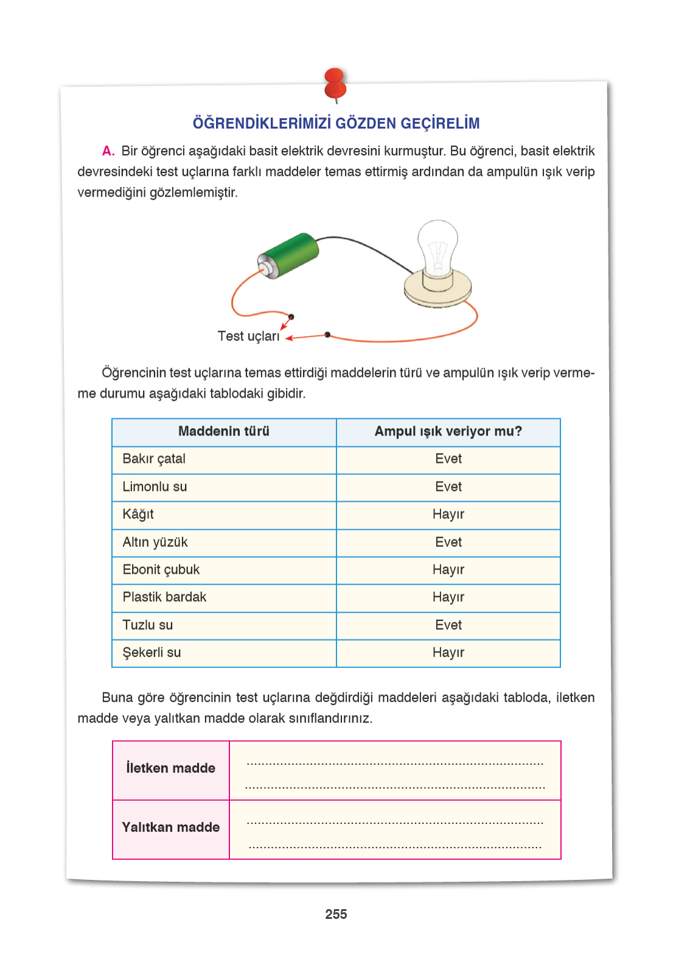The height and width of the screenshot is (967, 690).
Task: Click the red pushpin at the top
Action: point(335,84)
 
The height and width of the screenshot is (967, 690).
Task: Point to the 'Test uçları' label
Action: point(248,336)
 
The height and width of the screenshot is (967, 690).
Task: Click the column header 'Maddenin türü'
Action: point(223,432)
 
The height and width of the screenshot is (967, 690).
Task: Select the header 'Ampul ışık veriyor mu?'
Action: point(448,432)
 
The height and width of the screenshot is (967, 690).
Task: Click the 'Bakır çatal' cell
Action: point(154,459)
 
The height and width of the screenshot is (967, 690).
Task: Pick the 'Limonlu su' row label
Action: point(155,487)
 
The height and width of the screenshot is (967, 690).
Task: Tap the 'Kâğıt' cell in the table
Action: point(138,515)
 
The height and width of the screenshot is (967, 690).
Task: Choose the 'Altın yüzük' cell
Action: point(155,543)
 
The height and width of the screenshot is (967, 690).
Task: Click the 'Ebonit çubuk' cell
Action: point(161,570)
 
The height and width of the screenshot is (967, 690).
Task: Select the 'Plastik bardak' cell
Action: point(164,597)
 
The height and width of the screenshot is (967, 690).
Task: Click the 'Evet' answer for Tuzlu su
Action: point(448,625)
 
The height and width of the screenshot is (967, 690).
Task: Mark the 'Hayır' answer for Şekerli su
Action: point(448,653)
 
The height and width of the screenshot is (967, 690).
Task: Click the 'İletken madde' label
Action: point(170,768)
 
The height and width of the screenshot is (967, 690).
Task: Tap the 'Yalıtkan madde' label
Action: point(170,828)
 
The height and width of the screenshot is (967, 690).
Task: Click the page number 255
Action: point(336,915)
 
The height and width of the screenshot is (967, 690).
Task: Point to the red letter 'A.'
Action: point(108,151)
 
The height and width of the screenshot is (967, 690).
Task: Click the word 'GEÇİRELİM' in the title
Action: point(440,124)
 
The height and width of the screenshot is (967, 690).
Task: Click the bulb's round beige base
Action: point(437,292)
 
